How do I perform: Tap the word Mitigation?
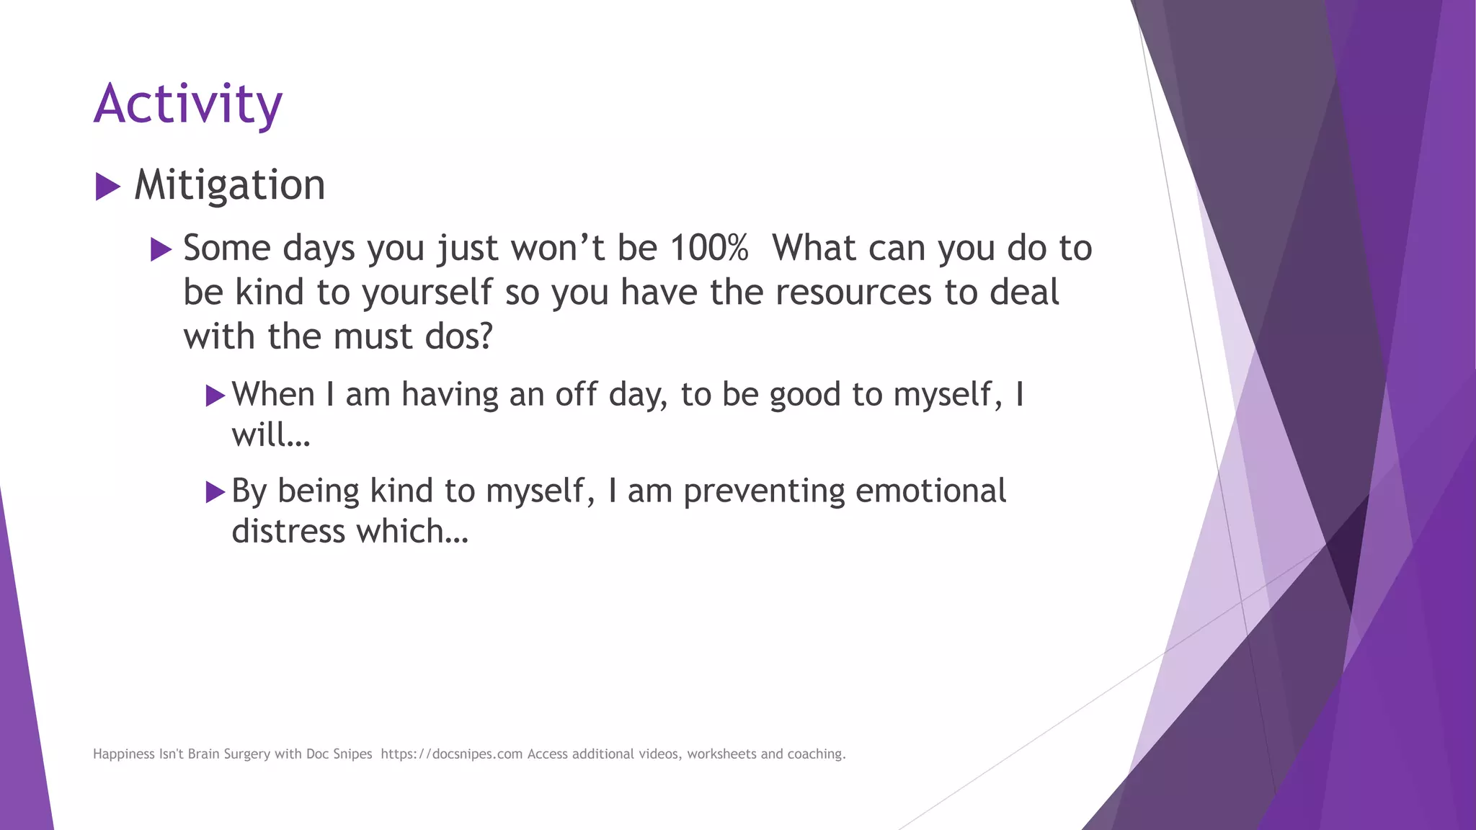(229, 185)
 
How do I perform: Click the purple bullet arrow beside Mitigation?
(107, 187)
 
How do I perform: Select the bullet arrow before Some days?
(161, 250)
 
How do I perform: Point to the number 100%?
(709, 248)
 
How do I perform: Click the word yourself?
(427, 293)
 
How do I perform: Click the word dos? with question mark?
(458, 336)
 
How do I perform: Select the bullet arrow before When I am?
(215, 396)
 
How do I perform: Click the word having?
(450, 395)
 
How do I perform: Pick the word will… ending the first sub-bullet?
(270, 435)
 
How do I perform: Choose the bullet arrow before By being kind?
(215, 492)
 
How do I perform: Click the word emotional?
(930, 491)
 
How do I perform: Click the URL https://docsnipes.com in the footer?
(451, 754)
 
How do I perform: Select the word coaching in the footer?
(816, 754)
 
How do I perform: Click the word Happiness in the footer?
(124, 754)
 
